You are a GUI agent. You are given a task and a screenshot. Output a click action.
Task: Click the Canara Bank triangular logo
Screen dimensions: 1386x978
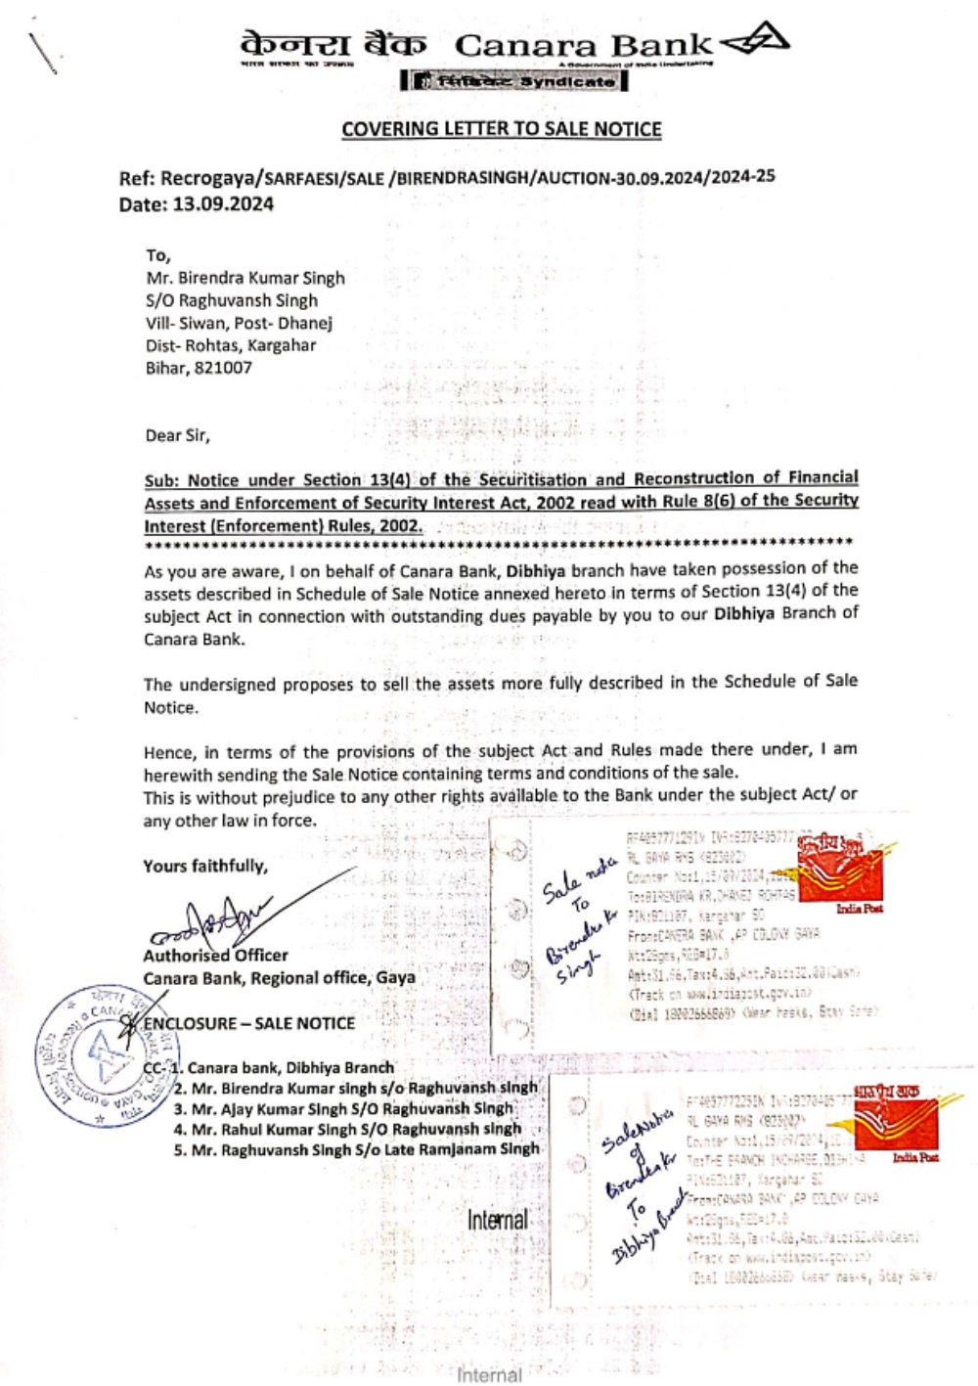tap(754, 42)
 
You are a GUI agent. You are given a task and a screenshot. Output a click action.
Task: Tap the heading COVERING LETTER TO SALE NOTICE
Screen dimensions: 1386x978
tap(502, 129)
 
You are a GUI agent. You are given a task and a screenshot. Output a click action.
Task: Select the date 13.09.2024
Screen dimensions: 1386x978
tap(224, 204)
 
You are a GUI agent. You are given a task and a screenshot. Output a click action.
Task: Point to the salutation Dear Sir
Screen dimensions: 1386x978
tap(177, 435)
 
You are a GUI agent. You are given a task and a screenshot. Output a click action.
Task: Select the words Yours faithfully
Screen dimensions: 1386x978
tap(205, 866)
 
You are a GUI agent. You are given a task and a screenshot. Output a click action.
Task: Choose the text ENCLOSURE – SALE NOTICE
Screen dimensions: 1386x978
tap(249, 1023)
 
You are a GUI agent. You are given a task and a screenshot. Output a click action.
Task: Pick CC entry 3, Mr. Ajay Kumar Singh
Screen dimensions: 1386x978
tap(343, 1108)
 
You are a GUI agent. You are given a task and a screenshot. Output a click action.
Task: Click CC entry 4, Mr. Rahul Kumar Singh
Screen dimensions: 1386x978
tap(347, 1129)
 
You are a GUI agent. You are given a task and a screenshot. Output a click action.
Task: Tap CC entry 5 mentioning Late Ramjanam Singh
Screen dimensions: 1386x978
tap(356, 1149)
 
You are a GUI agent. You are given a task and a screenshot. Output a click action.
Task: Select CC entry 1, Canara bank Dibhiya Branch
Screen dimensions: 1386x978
tap(284, 1067)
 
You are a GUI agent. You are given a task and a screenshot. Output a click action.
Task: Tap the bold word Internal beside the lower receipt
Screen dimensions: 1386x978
tap(497, 1220)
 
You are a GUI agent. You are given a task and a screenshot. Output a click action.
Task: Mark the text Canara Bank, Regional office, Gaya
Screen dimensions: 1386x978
tap(279, 977)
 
